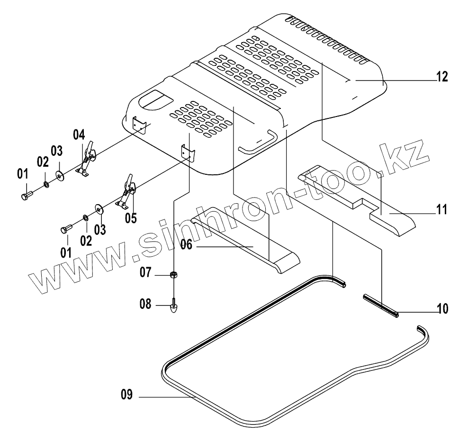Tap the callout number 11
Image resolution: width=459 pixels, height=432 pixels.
click(441, 209)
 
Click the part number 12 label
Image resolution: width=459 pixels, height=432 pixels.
click(441, 77)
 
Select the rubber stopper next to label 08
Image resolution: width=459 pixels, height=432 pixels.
click(174, 308)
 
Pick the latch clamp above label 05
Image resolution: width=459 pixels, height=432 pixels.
click(127, 192)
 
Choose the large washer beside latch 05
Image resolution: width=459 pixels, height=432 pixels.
click(100, 209)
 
